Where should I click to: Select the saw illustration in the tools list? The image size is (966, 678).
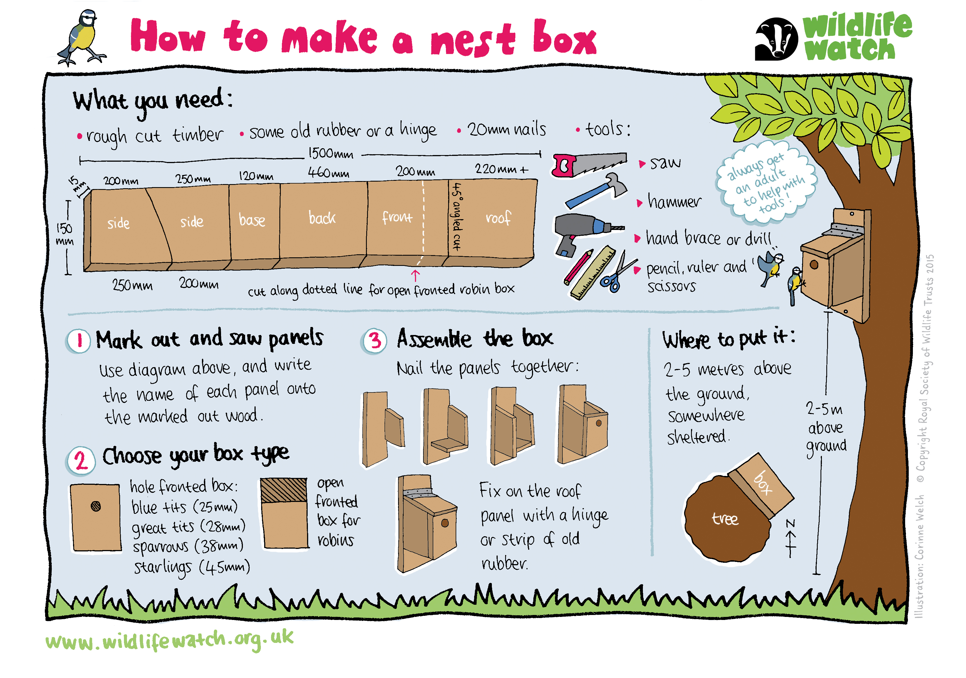pos(589,164)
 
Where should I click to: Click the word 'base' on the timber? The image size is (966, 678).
pos(252,220)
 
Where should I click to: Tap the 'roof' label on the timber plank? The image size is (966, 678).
pos(498,218)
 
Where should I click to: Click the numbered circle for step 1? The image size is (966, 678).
pos(78,341)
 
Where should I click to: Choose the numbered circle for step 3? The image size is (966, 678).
pos(374,341)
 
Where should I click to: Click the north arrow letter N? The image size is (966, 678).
pos(791,523)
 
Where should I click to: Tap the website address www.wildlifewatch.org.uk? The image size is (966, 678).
pos(169,640)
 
